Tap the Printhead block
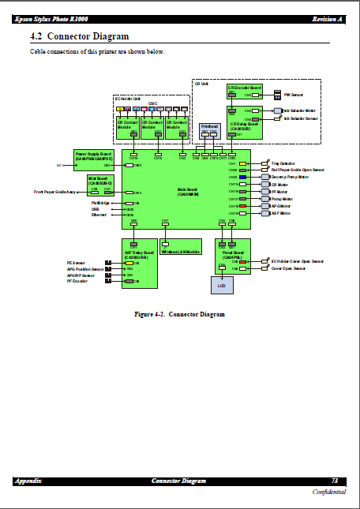(x=209, y=129)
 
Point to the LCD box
(x=222, y=284)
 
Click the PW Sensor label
(x=293, y=94)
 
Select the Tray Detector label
(x=282, y=163)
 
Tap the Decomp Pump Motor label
(x=290, y=177)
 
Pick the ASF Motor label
(x=281, y=213)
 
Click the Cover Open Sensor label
(x=287, y=268)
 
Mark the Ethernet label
(x=99, y=215)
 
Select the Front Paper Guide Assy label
(x=55, y=193)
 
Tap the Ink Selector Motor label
(x=300, y=110)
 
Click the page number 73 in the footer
(x=335, y=481)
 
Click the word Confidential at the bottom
(x=328, y=491)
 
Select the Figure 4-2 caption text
(x=179, y=314)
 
